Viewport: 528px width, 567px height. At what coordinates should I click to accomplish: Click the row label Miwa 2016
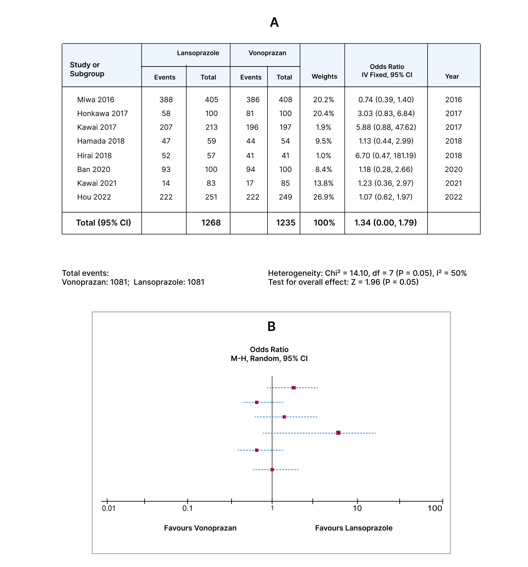tap(95, 99)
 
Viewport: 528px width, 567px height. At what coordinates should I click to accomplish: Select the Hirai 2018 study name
tap(94, 155)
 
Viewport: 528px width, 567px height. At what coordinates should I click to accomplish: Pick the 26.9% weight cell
tap(323, 197)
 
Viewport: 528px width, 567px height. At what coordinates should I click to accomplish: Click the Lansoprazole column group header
tap(198, 53)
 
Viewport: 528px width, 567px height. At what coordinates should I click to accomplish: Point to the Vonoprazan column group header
tap(267, 53)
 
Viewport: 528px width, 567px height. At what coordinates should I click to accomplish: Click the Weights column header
tap(324, 76)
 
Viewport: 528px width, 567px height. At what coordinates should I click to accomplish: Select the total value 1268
tap(211, 222)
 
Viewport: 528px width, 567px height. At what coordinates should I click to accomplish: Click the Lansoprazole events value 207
tap(166, 127)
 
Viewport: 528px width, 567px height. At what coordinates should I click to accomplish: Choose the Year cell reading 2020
tap(453, 169)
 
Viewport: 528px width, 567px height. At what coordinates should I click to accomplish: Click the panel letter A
tap(274, 22)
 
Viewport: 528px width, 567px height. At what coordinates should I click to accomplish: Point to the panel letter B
tap(271, 326)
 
